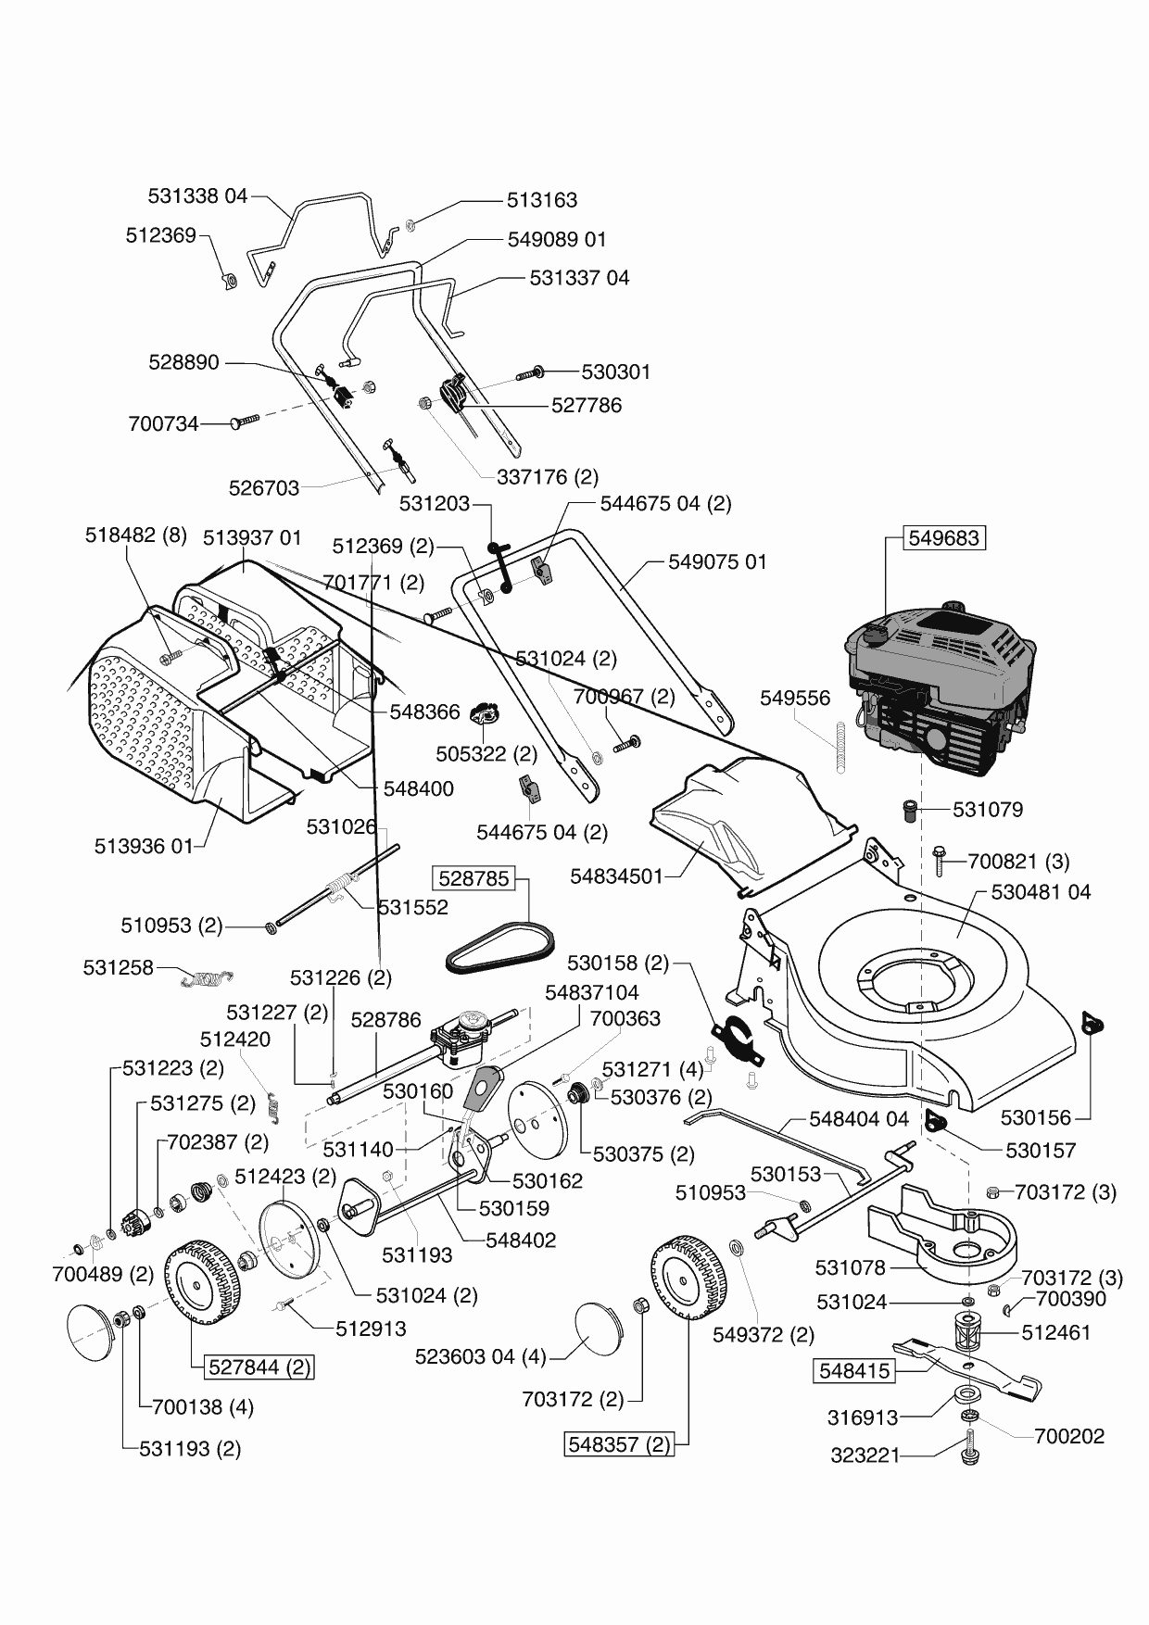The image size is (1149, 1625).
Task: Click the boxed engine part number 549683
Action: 943,538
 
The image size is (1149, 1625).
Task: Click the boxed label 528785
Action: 474,878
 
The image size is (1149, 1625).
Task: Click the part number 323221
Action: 865,1455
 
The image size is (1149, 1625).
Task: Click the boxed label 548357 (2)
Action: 618,1444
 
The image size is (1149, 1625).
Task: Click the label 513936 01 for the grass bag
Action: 144,846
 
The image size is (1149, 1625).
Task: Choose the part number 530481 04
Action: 1041,892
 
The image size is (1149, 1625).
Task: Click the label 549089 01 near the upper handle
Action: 557,239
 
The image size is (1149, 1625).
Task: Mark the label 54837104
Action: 591,993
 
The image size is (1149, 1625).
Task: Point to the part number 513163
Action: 542,200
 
